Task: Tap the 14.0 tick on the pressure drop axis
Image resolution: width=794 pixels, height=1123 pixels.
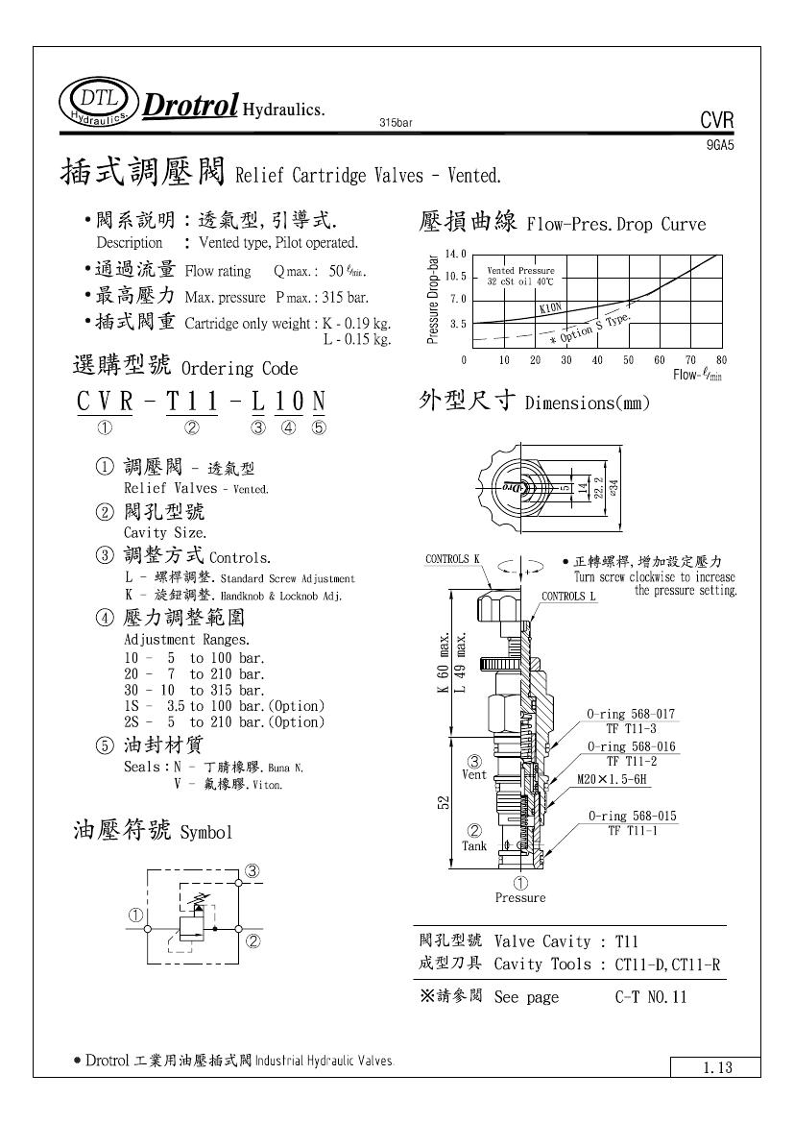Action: pos(454,255)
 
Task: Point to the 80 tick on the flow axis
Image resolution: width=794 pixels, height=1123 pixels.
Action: pos(721,360)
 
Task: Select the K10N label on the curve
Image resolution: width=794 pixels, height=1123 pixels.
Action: pos(551,307)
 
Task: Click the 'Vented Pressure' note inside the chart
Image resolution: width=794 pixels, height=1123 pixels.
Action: pos(520,272)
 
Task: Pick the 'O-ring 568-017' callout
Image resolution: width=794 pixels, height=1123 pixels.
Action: pos(632,714)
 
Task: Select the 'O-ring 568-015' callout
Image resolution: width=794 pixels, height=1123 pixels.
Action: pos(632,817)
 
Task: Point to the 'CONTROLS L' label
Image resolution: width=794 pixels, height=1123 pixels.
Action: pos(569,596)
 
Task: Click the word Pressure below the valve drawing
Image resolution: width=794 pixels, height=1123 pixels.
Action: pos(519,898)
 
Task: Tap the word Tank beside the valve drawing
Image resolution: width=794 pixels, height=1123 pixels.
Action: pos(474,846)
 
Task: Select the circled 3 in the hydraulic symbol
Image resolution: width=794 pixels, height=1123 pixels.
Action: pos(253,870)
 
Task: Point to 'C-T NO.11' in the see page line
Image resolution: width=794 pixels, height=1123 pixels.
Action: pos(651,997)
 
